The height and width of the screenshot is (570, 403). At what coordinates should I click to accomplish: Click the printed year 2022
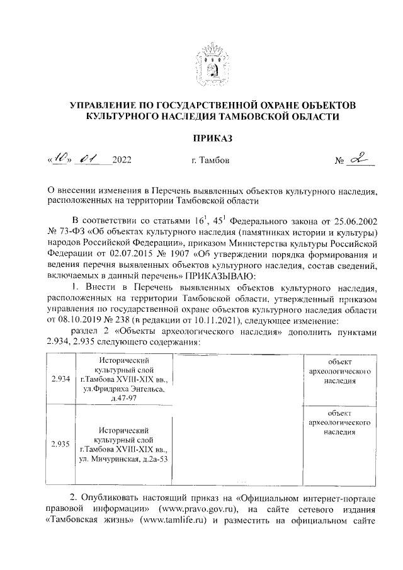pos(122,161)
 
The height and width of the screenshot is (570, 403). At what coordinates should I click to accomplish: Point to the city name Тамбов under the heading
pos(210,161)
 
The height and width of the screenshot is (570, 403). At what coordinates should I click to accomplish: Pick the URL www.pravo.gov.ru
pos(200,509)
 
